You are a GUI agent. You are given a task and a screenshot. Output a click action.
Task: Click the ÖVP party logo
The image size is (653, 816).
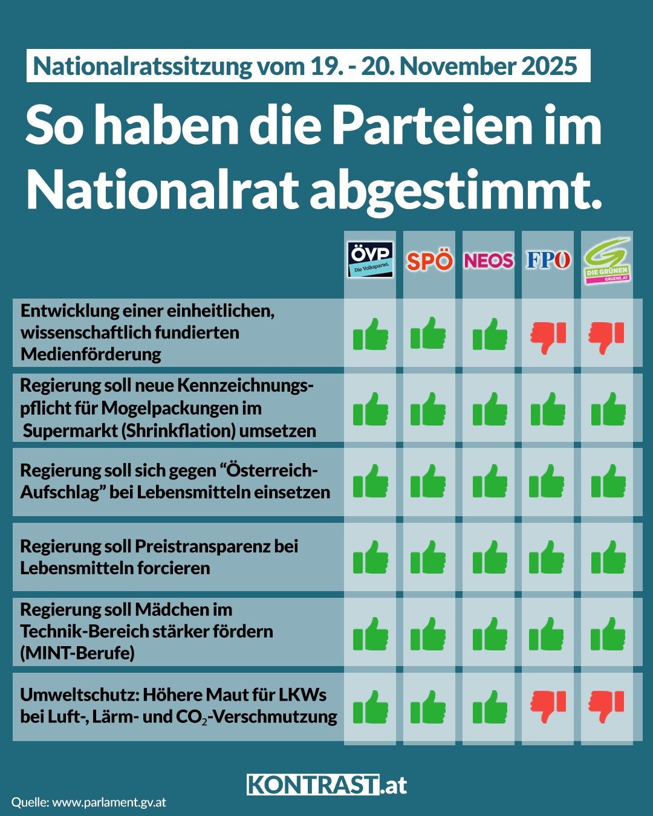(x=370, y=260)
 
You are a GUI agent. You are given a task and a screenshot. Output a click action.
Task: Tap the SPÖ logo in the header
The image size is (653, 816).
(x=429, y=261)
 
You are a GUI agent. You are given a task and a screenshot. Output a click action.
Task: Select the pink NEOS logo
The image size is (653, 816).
(x=489, y=261)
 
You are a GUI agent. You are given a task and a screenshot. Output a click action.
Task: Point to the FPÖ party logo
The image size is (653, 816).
(x=548, y=261)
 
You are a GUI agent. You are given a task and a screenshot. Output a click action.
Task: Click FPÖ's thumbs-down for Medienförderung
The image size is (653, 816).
(x=548, y=337)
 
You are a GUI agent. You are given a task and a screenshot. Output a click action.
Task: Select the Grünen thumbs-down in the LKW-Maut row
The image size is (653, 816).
(x=606, y=706)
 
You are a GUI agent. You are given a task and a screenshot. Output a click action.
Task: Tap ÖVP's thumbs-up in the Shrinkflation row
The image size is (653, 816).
(x=370, y=409)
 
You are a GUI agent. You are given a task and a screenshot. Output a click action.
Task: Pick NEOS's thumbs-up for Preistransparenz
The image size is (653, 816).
(x=490, y=557)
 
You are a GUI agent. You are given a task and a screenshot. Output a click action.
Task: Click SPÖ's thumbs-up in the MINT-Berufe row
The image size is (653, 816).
(x=428, y=633)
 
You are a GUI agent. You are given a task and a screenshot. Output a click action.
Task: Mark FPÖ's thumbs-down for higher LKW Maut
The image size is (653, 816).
(x=548, y=706)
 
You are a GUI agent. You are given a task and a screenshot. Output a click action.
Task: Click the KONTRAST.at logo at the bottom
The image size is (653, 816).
(x=326, y=785)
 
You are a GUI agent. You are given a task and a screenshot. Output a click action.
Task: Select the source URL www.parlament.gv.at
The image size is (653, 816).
(x=109, y=803)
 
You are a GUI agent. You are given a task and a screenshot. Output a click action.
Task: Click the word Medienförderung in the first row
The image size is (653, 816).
(x=91, y=354)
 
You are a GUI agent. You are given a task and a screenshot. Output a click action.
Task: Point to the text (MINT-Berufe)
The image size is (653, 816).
(x=77, y=653)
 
